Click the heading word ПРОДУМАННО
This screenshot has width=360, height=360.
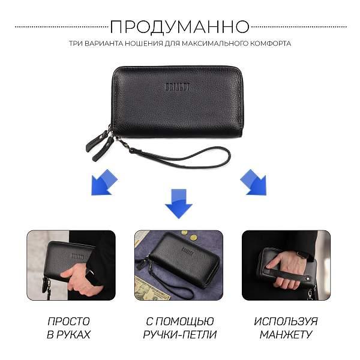[179, 28]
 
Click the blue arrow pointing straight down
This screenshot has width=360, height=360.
[179, 204]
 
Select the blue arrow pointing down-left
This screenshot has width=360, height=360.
[104, 182]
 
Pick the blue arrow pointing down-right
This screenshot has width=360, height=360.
[253, 182]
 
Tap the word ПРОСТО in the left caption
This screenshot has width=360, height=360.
[68, 322]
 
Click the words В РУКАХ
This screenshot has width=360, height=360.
[68, 335]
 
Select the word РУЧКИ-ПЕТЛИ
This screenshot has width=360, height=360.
[180, 335]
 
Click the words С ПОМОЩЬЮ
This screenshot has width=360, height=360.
[180, 322]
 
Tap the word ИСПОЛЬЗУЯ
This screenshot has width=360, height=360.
[286, 322]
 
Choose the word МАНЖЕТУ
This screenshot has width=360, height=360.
[286, 335]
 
